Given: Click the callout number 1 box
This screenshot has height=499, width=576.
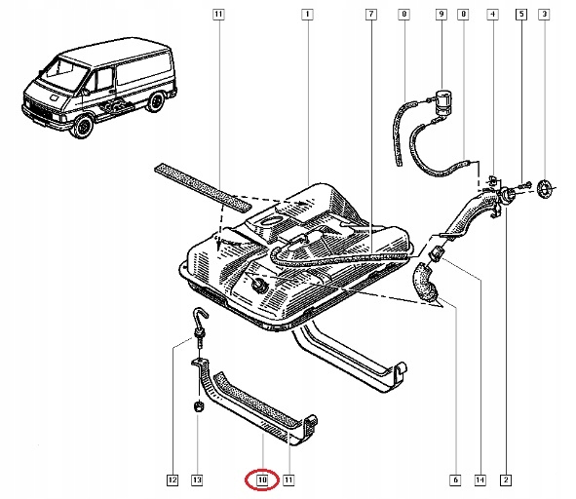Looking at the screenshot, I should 307,15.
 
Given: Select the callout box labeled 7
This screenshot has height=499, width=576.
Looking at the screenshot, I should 370,15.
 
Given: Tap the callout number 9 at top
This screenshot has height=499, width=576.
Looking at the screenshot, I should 441,15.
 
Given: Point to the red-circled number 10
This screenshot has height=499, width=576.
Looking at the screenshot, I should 262,480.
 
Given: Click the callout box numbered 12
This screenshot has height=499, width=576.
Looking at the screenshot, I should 172,480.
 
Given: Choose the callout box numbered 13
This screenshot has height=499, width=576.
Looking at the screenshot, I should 198,480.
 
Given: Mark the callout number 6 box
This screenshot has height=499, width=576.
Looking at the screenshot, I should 454,480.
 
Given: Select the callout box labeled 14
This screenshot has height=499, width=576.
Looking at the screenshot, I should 480,480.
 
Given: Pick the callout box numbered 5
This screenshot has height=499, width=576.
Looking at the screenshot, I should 521,15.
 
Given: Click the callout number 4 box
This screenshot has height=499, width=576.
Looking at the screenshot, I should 492,15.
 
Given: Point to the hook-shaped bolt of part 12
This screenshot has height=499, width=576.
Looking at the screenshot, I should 200,321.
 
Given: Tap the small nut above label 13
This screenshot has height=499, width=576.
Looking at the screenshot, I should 198,404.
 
